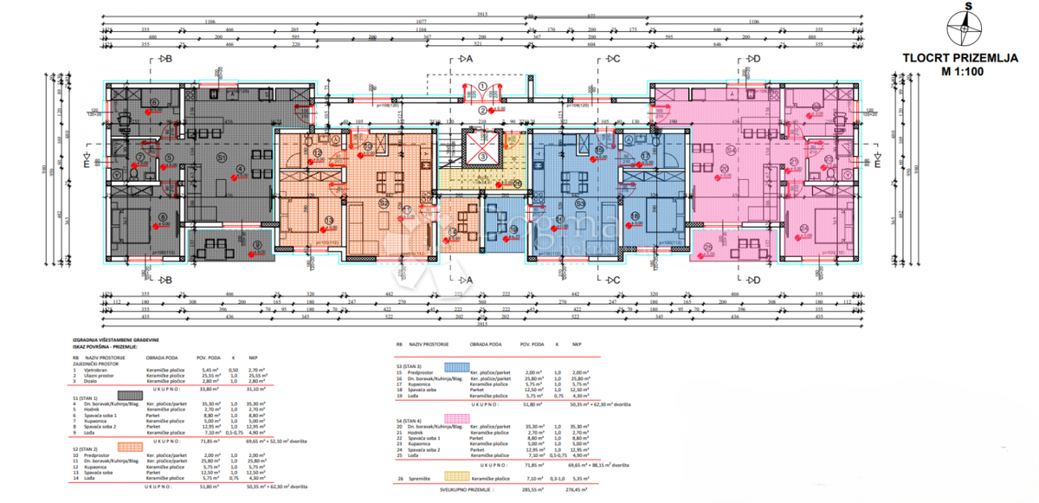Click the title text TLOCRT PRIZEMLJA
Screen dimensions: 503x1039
pyautogui.click(x=959, y=60)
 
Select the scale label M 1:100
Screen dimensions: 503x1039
pyautogui.click(x=959, y=74)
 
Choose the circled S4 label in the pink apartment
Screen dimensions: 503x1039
pyautogui.click(x=732, y=151)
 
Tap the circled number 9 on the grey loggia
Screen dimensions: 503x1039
pyautogui.click(x=255, y=245)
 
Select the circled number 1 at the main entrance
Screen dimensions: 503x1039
pyautogui.click(x=481, y=87)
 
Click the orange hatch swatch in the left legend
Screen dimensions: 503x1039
pyautogui.click(x=129, y=448)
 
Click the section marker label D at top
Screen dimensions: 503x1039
pyautogui.click(x=755, y=59)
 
